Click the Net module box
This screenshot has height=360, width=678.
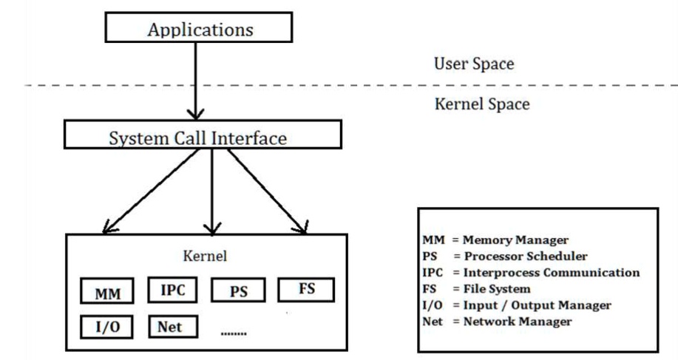click(172, 326)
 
